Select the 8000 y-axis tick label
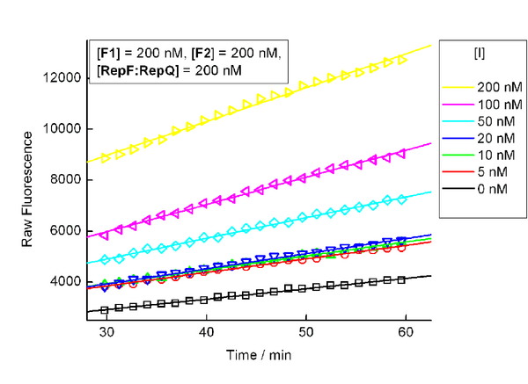(x=67, y=180)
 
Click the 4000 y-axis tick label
(x=67, y=282)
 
